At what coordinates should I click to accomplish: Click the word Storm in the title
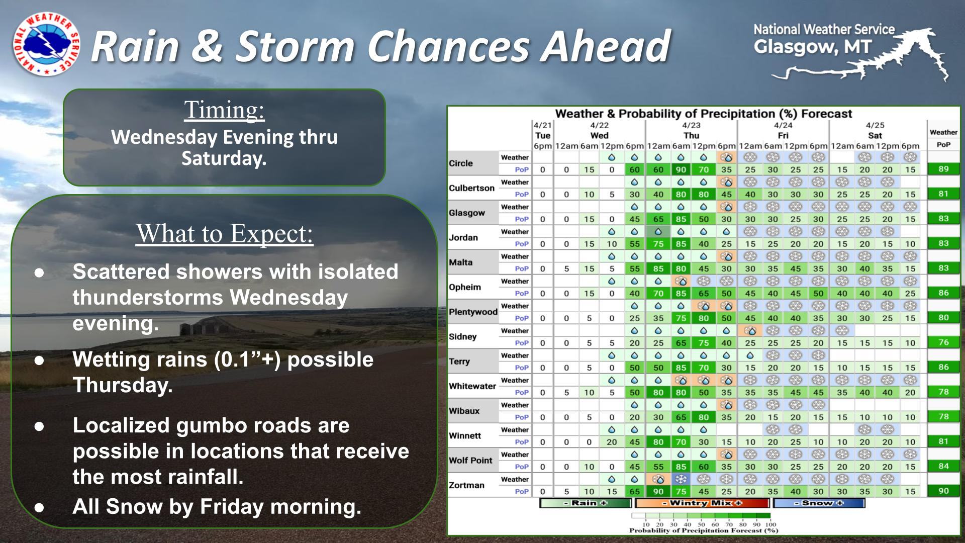tap(296, 46)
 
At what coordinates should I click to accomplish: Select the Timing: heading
tap(224, 110)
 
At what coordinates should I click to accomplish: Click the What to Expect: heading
tap(224, 233)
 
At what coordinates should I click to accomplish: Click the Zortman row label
tap(466, 485)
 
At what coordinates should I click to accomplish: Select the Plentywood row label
tap(473, 312)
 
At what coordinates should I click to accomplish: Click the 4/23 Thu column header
tap(691, 130)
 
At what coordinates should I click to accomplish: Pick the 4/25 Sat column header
tap(875, 130)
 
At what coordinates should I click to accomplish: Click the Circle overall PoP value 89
tap(943, 169)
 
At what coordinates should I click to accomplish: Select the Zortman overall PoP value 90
tap(943, 491)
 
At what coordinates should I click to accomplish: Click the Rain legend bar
tap(585, 503)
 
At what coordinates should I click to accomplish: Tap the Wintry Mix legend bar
tap(702, 503)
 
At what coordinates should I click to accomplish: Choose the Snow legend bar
tap(819, 503)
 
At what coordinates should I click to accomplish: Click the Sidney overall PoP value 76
tap(943, 342)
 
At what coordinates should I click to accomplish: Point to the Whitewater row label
tap(472, 386)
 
